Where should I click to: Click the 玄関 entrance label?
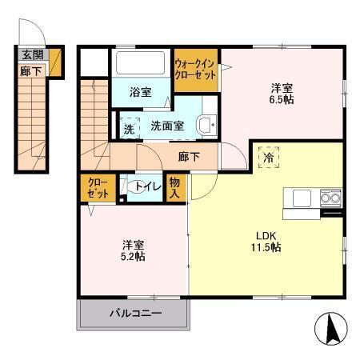tap(32, 54)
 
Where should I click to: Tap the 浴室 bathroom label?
tap(140, 92)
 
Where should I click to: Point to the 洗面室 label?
tap(167, 126)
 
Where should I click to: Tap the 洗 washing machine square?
tap(129, 127)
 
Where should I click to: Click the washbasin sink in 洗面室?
tap(206, 125)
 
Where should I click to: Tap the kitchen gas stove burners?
tap(330, 198)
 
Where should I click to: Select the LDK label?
tap(266, 235)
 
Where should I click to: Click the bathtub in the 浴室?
tap(141, 64)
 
